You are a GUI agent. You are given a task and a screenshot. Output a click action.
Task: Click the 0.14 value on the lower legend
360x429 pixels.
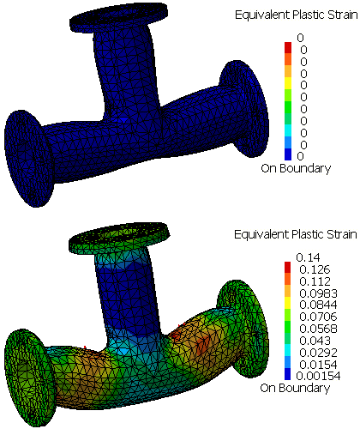[x=308, y=257]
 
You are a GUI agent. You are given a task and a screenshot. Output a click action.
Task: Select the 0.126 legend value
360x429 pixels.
[x=315, y=269]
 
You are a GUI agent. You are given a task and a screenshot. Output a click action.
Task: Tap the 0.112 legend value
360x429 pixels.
[x=315, y=281]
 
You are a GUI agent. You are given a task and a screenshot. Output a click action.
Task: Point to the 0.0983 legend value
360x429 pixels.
[x=318, y=293]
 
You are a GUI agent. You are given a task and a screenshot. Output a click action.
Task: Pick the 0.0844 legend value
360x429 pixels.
[x=318, y=305]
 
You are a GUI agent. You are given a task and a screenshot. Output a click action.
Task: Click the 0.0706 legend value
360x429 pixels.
[x=318, y=317]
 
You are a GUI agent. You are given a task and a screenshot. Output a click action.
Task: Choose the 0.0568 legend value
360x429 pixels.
[x=318, y=329]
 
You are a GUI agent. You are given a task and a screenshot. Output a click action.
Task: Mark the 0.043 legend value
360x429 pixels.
[x=315, y=341]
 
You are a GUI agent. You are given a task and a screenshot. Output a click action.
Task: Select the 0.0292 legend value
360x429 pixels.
[x=318, y=353]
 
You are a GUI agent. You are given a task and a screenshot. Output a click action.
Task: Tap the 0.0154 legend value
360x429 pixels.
[x=318, y=365]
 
